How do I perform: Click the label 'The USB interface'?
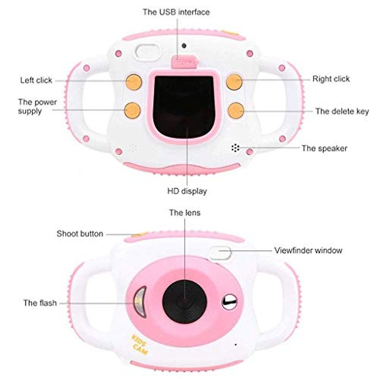click(176, 12)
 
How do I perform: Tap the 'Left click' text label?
click(36, 80)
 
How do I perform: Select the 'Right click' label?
click(331, 79)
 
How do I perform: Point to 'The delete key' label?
click(342, 111)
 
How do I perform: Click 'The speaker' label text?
click(324, 148)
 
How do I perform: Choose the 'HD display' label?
click(187, 191)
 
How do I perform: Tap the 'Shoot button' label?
click(80, 234)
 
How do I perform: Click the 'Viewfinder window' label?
click(308, 250)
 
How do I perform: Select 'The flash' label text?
click(40, 303)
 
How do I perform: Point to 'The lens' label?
click(184, 213)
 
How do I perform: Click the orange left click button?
click(133, 82)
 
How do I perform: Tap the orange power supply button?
click(132, 110)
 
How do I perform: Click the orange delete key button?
click(236, 111)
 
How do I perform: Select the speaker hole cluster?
click(235, 148)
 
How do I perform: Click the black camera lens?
click(184, 301)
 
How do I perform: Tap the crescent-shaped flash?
click(140, 302)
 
